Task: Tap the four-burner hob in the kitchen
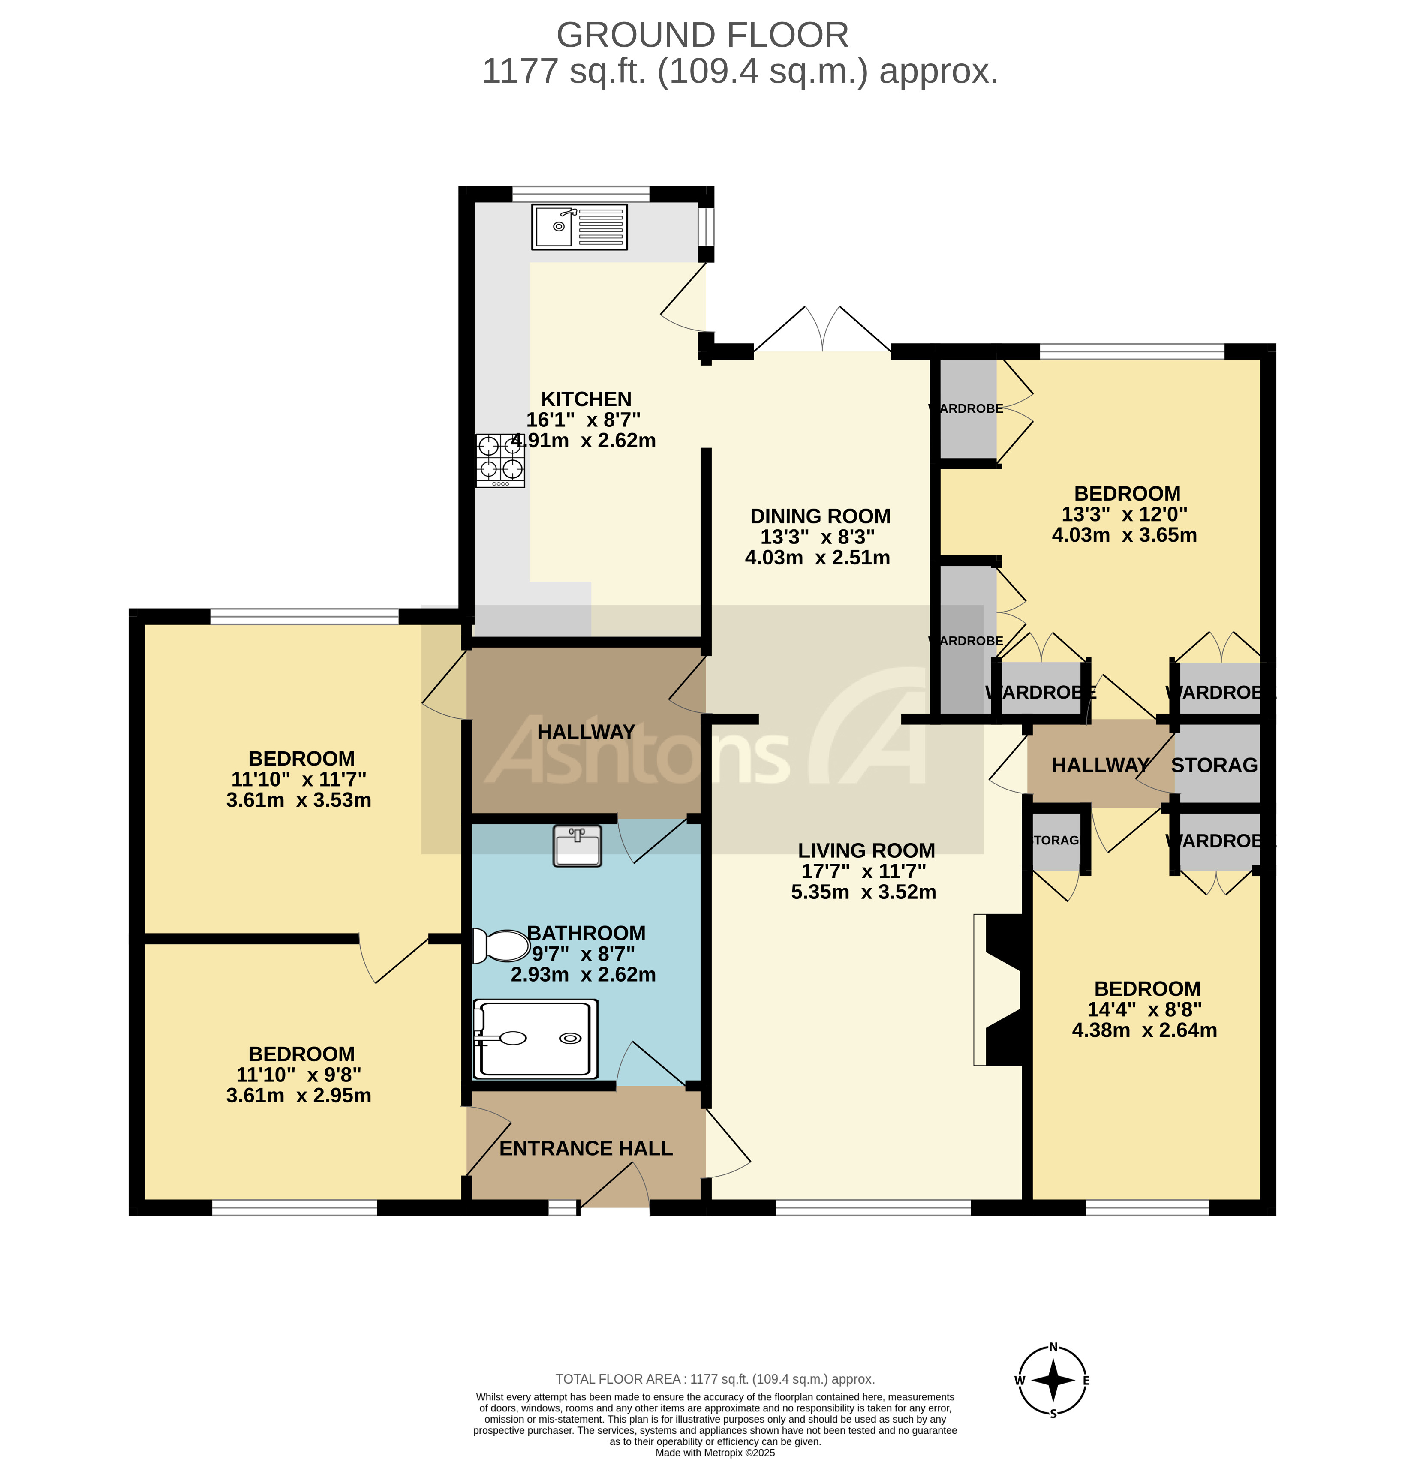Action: coord(500,460)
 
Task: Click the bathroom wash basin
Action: coord(577,847)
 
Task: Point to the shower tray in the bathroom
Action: coord(536,1039)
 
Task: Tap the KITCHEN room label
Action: coord(586,399)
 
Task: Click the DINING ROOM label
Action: coord(820,516)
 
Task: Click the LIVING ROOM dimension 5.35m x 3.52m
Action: coord(863,892)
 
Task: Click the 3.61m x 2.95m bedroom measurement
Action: coord(298,1095)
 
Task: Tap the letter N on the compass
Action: coord(1053,1347)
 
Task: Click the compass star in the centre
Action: coord(1053,1380)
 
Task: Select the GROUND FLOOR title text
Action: coord(702,35)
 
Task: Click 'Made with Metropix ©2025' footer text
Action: coord(715,1452)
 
